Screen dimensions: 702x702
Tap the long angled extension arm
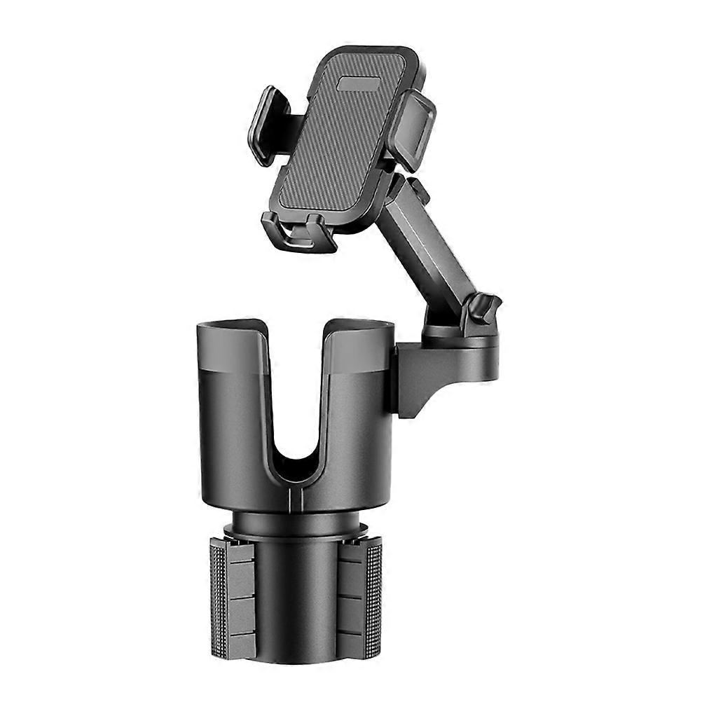coord(427,245)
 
